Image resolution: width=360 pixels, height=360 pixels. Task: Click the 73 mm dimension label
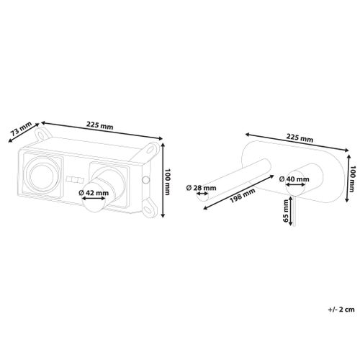click(x=22, y=129)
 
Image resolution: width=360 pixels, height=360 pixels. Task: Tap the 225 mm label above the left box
click(x=100, y=125)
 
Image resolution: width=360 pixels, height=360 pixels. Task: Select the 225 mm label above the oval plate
click(x=300, y=138)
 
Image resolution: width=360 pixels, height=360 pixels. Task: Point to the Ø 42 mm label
click(x=94, y=193)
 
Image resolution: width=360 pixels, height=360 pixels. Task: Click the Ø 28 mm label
click(x=201, y=188)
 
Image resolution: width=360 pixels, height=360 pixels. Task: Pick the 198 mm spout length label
click(x=243, y=196)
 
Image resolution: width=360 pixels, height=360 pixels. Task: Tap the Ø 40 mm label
click(x=294, y=179)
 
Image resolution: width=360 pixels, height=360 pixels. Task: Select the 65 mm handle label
click(x=286, y=211)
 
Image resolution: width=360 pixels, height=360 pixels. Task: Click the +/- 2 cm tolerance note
click(x=341, y=310)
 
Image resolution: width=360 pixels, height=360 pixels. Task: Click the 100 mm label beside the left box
click(x=168, y=181)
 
